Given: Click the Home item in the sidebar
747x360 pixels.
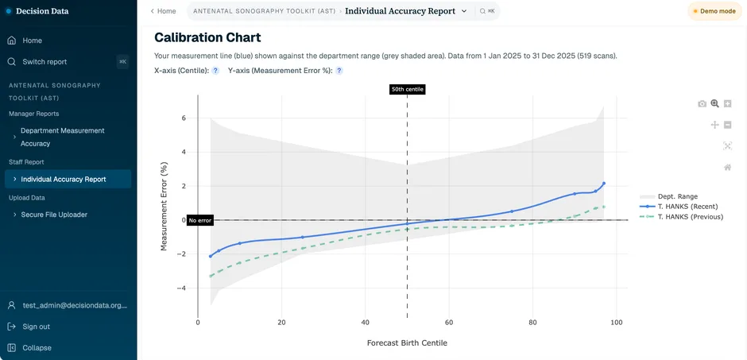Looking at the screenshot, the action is click(32, 41).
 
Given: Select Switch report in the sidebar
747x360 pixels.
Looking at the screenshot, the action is click(45, 62).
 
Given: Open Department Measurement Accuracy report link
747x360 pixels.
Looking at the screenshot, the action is click(63, 137).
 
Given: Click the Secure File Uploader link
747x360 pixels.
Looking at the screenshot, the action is click(54, 215).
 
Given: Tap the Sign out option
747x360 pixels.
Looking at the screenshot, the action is click(37, 327).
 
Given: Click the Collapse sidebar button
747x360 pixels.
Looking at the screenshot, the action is click(37, 347).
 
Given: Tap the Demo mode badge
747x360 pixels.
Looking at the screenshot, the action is click(714, 11).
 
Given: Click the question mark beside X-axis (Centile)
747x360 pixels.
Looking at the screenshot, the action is click(215, 71).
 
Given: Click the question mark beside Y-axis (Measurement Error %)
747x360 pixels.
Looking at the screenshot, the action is click(339, 71).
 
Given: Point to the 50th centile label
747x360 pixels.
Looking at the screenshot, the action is click(407, 89).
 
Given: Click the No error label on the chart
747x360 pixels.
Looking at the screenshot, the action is click(200, 220).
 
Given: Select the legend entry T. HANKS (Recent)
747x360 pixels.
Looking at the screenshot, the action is click(687, 206).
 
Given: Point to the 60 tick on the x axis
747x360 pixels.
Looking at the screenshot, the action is click(449, 323).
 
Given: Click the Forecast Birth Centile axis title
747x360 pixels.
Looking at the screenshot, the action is click(407, 343).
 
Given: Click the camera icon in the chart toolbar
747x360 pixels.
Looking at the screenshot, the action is click(702, 104).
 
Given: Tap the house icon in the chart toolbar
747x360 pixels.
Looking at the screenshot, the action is click(727, 167).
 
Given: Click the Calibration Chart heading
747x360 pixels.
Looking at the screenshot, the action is click(207, 37).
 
